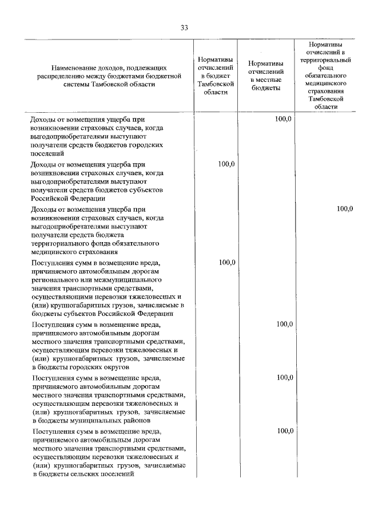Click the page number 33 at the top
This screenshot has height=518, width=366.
(183, 27)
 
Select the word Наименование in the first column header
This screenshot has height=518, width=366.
(72, 67)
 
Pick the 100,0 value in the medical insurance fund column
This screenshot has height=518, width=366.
(344, 208)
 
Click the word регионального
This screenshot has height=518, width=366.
(57, 280)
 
